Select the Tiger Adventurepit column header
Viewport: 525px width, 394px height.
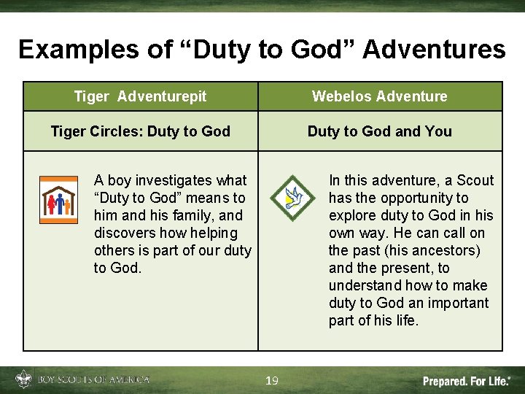tap(140, 96)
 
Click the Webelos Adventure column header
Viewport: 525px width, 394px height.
tap(379, 96)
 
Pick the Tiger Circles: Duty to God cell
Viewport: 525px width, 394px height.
tap(140, 131)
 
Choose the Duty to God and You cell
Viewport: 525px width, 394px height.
tap(379, 131)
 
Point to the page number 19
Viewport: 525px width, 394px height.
tap(271, 381)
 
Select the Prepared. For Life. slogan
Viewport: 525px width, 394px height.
tap(467, 381)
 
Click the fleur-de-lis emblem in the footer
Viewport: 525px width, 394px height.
tap(23, 380)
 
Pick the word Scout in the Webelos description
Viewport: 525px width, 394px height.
tap(475, 180)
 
